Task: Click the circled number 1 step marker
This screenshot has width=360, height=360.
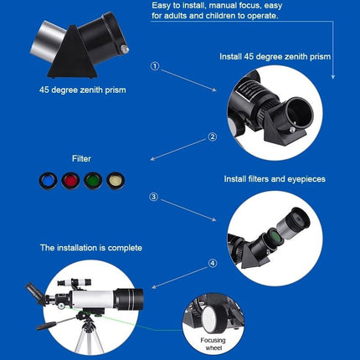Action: [x=153, y=66]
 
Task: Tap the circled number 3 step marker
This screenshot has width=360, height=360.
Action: [x=153, y=198]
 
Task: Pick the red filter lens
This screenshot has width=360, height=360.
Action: [x=92, y=179]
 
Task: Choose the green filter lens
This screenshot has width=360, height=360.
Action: [x=70, y=179]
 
